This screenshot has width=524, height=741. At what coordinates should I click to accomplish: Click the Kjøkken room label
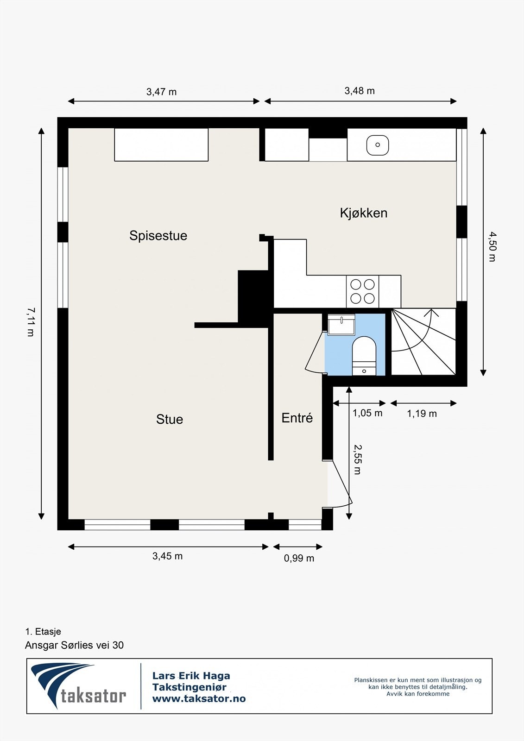click(364, 213)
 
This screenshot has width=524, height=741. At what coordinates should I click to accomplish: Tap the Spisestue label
click(158, 236)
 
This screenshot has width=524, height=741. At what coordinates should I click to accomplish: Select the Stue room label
click(170, 419)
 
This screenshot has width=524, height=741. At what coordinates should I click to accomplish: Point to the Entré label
click(297, 418)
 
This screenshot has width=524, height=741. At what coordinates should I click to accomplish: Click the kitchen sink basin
click(378, 145)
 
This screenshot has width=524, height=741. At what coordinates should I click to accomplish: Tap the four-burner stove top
click(362, 292)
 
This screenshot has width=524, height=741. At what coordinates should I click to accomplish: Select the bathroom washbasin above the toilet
click(341, 324)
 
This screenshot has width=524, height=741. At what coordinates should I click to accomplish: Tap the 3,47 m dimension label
click(161, 92)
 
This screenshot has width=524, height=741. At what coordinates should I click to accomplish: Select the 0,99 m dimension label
click(299, 559)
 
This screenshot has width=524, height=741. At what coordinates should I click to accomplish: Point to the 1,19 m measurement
click(422, 414)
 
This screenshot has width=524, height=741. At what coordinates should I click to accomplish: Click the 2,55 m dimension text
click(357, 459)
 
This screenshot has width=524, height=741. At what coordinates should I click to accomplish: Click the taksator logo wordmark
click(93, 695)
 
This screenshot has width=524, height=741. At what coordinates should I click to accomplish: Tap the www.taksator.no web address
click(199, 699)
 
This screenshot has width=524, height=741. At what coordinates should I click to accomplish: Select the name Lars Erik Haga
click(191, 676)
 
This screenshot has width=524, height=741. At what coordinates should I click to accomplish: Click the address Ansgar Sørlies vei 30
click(74, 645)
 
